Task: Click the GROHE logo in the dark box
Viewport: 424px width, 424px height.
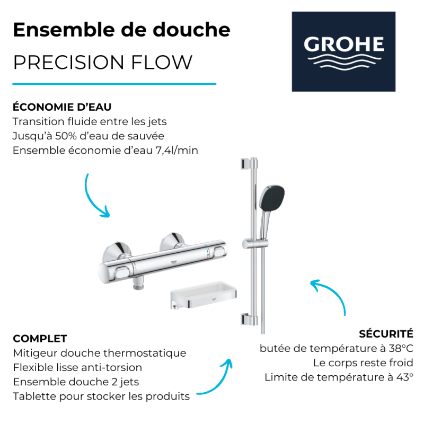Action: tap(343, 51)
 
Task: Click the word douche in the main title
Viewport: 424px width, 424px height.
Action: tap(191, 30)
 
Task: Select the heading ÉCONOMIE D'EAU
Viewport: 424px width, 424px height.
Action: tap(62, 107)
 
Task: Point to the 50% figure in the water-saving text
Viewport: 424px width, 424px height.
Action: tap(66, 136)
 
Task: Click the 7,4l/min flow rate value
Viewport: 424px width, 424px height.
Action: tap(176, 151)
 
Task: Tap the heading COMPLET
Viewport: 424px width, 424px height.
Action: tap(40, 339)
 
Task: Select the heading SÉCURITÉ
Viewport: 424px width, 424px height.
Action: tap(386, 333)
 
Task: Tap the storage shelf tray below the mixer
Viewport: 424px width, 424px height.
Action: tap(204, 295)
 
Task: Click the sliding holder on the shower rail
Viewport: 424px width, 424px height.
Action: tap(255, 244)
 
